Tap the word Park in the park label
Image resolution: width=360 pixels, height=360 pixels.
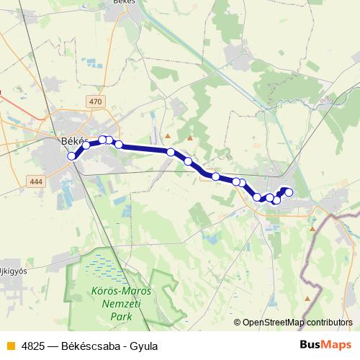tap(121, 316)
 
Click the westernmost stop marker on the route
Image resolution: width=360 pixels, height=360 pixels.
tap(71, 156)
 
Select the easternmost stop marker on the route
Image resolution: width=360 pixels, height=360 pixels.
tap(289, 192)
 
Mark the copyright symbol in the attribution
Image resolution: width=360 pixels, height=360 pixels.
tap(238, 323)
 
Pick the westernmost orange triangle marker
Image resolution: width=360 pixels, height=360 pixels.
tap(168, 135)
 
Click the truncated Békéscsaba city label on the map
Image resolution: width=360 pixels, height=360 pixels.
tap(72, 141)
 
